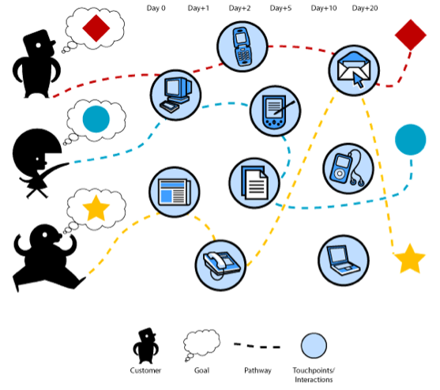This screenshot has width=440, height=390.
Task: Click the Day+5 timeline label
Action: click(280, 8)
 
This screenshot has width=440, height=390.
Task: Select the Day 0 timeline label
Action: click(156, 8)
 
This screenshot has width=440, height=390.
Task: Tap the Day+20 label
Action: click(365, 8)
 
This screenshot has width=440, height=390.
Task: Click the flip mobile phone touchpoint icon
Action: click(243, 47)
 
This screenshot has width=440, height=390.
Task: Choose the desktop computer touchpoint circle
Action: click(175, 95)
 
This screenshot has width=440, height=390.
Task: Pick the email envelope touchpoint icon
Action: click(354, 70)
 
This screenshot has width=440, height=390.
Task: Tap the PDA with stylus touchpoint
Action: click(275, 111)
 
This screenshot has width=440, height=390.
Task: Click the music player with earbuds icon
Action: click(348, 168)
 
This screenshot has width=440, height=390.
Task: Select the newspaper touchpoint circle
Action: click(175, 192)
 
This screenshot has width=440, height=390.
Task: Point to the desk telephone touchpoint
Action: click(220, 265)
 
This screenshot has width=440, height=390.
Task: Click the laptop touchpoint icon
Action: click(344, 261)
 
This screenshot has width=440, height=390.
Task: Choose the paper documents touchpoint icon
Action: click(254, 183)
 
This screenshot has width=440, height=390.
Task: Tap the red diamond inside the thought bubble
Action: click(96, 28)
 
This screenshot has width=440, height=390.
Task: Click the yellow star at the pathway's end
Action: click(410, 260)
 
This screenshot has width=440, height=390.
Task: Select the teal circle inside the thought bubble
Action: click(96, 119)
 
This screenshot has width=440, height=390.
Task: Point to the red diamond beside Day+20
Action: click(411, 35)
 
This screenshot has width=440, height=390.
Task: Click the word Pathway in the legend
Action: click(258, 370)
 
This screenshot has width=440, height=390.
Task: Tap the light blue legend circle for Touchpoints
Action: click(314, 346)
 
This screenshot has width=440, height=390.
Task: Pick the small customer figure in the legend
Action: click(145, 346)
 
